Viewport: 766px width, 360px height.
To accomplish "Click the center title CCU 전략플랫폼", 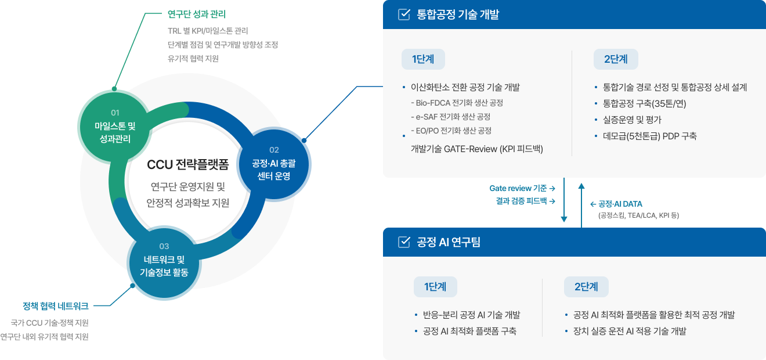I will click(x=188, y=165).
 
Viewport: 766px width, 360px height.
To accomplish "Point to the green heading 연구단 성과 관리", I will click(x=188, y=13).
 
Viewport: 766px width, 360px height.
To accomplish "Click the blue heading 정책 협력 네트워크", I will click(x=56, y=305).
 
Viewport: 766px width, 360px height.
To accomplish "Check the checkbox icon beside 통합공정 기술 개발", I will click(x=404, y=15).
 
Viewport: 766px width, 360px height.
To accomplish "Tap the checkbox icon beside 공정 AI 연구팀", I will click(x=404, y=242).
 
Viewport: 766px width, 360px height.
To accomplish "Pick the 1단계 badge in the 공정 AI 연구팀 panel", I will click(x=435, y=286).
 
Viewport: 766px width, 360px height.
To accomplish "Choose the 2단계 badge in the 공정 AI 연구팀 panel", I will click(x=586, y=286).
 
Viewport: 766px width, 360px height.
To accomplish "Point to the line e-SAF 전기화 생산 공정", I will click(x=450, y=117).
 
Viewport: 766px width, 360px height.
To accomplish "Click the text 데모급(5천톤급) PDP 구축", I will click(x=650, y=136).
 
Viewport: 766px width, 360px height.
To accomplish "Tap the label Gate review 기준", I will click(x=519, y=188).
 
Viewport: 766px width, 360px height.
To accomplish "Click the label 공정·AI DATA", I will click(x=620, y=204).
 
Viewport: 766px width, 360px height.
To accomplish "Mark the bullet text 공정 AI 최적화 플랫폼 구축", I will click(x=470, y=332).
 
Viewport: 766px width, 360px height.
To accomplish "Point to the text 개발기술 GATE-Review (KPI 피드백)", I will click(x=476, y=149).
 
